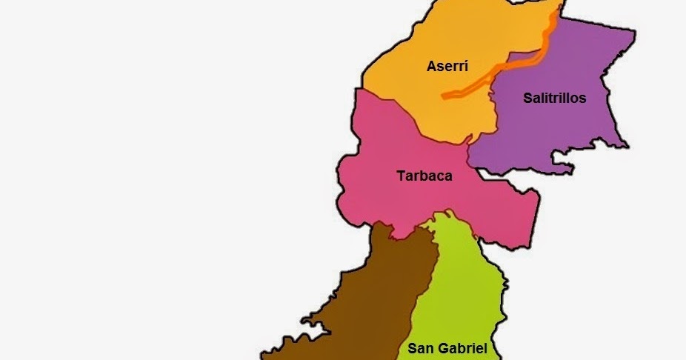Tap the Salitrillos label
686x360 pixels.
click(x=554, y=98)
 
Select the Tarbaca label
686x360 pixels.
click(x=423, y=176)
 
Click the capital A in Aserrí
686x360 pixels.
click(x=431, y=66)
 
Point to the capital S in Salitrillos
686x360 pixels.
click(x=527, y=98)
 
